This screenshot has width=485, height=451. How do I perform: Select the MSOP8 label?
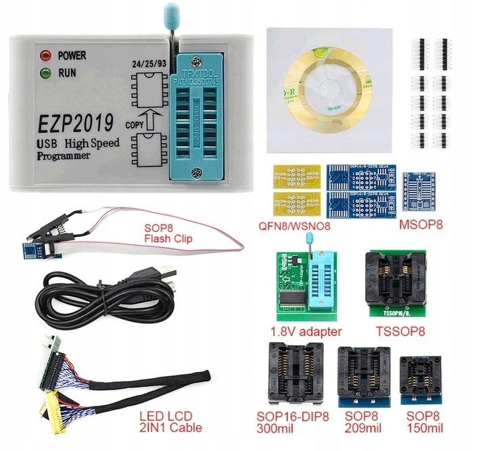pyautogui.click(x=421, y=223)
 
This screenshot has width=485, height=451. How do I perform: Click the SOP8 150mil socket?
pyautogui.click(x=421, y=379)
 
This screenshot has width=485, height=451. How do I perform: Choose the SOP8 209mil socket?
pyautogui.click(x=363, y=376)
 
